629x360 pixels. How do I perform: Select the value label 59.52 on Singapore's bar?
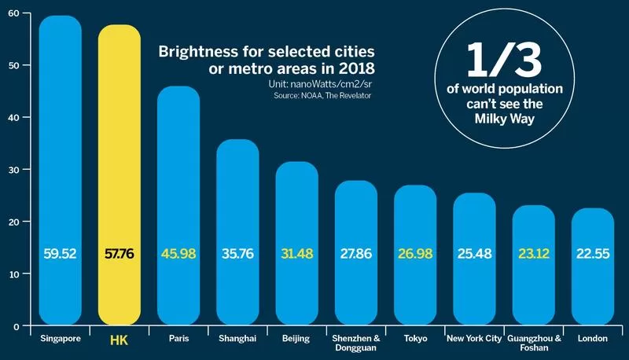coord(61,255)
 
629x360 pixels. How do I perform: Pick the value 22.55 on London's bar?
coord(592,255)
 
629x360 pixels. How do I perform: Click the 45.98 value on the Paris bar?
coord(178,255)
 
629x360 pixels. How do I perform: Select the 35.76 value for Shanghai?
coord(237,255)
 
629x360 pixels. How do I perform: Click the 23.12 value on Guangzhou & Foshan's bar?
coord(533,255)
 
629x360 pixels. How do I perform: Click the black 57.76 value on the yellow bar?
coord(120,255)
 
